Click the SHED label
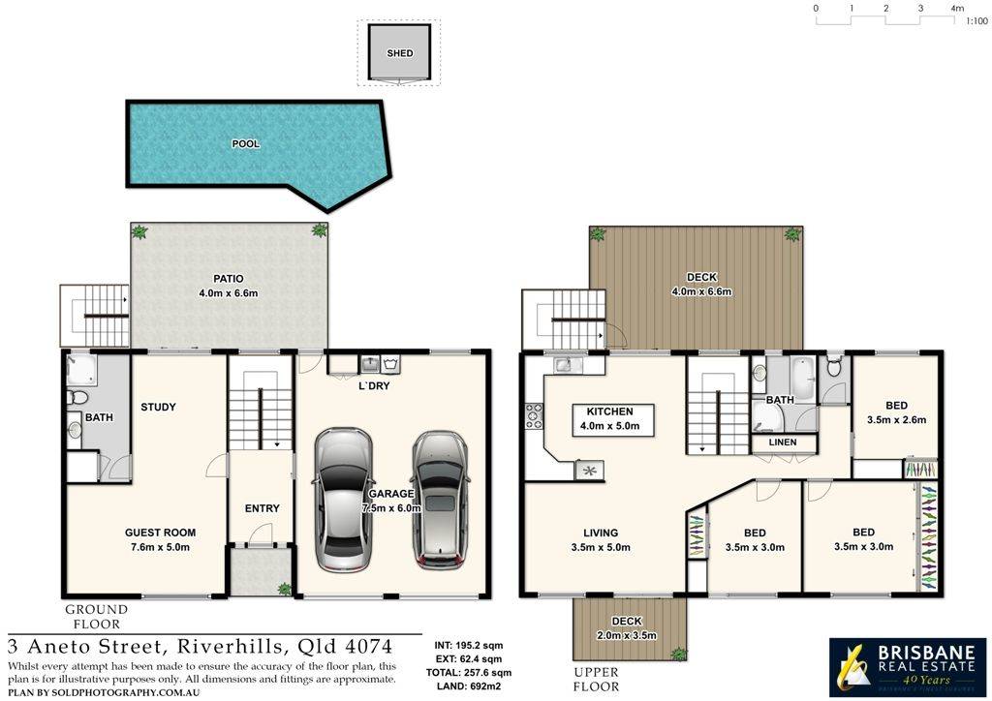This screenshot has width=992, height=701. click(399, 54)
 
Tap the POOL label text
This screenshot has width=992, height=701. click(245, 144)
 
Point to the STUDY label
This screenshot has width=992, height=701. click(158, 408)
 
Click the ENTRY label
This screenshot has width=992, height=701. click(262, 508)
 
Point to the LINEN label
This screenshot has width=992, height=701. click(783, 442)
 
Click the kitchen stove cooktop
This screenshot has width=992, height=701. click(534, 416)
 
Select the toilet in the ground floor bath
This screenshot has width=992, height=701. click(79, 397)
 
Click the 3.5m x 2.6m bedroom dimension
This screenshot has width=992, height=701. click(896, 420)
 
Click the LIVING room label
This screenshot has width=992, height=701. click(601, 533)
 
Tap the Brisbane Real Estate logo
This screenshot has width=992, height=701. click(906, 666)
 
